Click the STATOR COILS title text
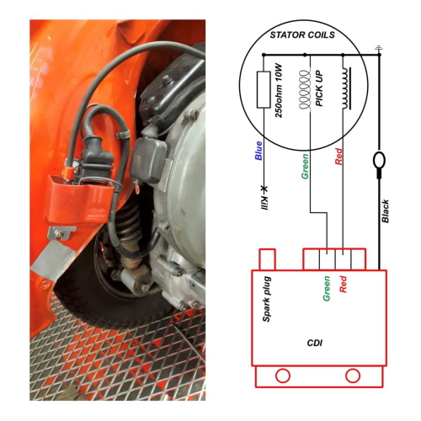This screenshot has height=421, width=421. [x=302, y=35]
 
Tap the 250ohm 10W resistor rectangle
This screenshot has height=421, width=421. [x=264, y=89]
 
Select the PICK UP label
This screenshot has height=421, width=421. [x=319, y=88]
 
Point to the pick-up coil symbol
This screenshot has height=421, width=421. [x=304, y=89]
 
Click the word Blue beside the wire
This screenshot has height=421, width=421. [x=258, y=151]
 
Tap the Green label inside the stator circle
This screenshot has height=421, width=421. [x=305, y=166]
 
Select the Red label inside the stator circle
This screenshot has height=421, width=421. [x=338, y=157]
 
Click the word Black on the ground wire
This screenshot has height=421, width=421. [x=386, y=211]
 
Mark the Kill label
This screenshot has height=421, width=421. [x=264, y=203]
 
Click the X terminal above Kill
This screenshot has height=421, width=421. [x=264, y=189]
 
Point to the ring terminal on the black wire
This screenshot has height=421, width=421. [x=379, y=160]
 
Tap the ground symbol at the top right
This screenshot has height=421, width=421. [x=379, y=49]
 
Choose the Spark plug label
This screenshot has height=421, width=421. [x=267, y=299]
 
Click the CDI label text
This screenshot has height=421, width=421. [x=315, y=343]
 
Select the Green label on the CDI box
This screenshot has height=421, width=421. [x=327, y=289]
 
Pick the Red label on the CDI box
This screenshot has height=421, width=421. [x=343, y=284]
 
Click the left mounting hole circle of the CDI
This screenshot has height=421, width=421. [x=283, y=376]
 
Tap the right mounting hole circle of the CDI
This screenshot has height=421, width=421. [x=353, y=376]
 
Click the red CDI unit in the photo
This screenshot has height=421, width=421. [x=80, y=200]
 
